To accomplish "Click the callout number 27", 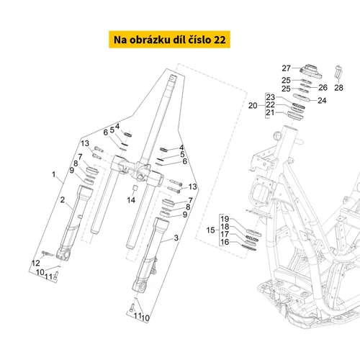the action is click(286, 68).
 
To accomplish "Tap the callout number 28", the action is click(338, 88).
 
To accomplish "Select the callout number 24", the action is click(322, 101).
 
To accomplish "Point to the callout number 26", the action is click(323, 88).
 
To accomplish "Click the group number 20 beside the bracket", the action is click(253, 106).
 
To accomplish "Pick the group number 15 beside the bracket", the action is click(211, 230).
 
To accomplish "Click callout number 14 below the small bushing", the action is click(131, 200).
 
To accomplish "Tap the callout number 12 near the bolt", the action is click(36, 263).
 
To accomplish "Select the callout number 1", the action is click(54, 174).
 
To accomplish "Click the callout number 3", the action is click(176, 238).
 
